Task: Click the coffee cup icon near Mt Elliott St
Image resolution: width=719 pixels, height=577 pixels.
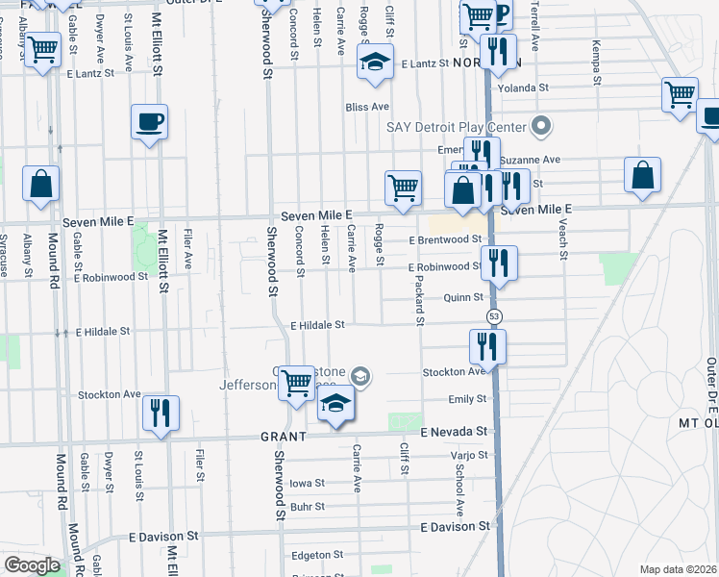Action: pos(149,122)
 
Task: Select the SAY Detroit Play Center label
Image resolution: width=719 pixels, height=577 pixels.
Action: pos(457,127)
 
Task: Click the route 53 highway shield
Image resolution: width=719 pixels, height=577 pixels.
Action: pos(494,315)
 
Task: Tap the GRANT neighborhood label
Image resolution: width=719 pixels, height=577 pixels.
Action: pos(283,436)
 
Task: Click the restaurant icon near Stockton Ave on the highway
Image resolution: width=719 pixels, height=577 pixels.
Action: pos(486,347)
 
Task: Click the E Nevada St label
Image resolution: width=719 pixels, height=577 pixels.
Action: pos(453,433)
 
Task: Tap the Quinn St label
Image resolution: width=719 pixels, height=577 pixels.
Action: pos(462,298)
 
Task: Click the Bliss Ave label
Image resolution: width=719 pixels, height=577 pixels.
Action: pos(367,107)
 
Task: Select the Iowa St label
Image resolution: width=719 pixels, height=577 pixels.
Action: pos(308,483)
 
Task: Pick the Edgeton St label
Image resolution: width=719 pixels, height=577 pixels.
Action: pos(316,555)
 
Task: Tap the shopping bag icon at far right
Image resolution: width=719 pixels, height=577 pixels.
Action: pos(642,176)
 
